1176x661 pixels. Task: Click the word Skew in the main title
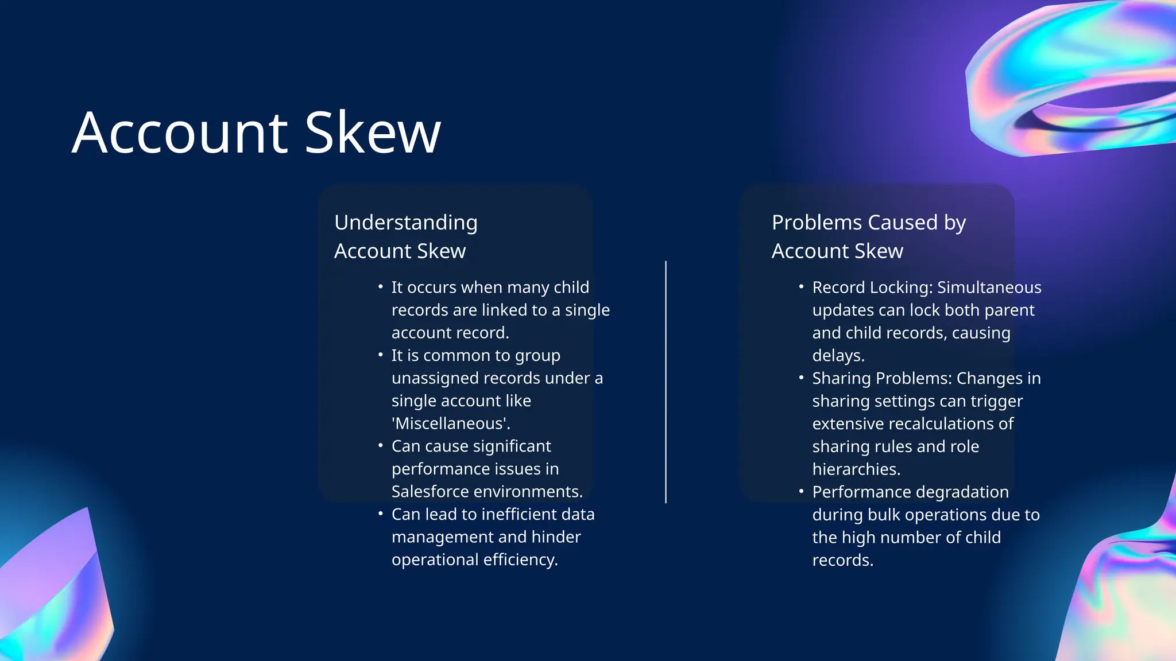(373, 133)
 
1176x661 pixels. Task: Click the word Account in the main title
(180, 133)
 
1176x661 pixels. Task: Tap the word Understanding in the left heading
(405, 223)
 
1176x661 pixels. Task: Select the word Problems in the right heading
(810, 223)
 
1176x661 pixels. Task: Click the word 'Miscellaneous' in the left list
(451, 423)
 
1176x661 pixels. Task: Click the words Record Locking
(872, 287)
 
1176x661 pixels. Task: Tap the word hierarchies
(856, 469)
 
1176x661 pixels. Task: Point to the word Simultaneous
(989, 287)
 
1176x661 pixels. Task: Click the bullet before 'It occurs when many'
(380, 286)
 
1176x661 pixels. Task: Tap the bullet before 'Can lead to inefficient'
(380, 514)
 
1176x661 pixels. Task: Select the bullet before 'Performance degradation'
(801, 491)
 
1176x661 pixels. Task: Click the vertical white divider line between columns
(666, 382)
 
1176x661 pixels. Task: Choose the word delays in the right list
(837, 356)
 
